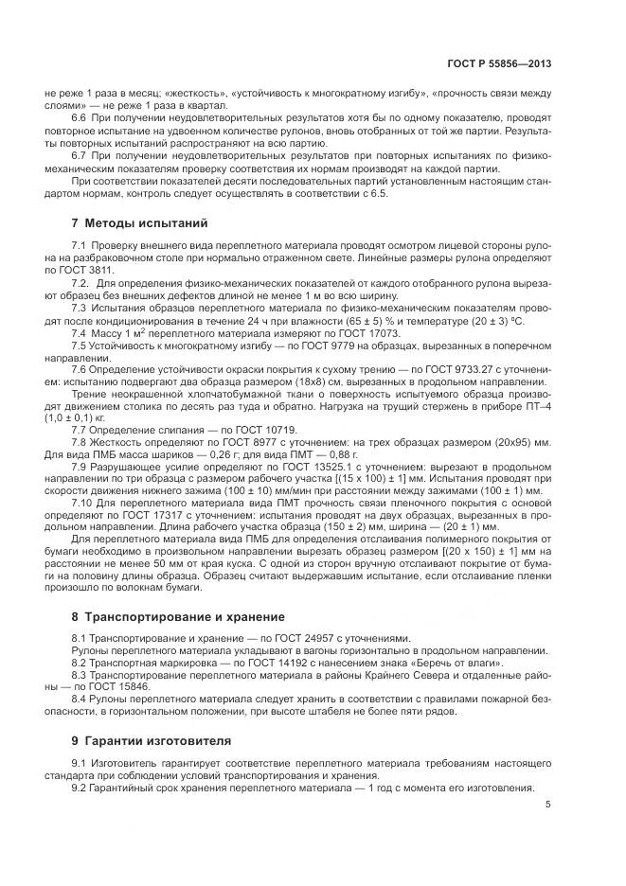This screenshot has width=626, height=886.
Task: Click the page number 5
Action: click(x=548, y=805)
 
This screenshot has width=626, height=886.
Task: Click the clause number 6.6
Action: click(x=80, y=116)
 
